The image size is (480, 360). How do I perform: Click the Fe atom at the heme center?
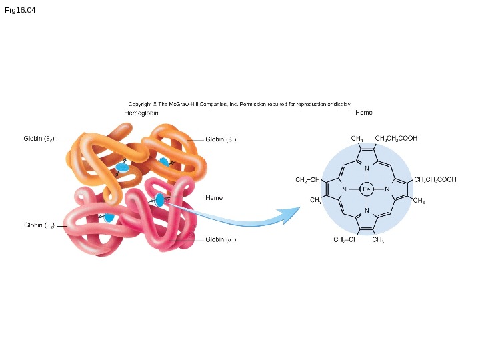click(367, 189)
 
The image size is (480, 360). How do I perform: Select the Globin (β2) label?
click(38, 139)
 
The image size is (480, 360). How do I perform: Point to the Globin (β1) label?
click(221, 139)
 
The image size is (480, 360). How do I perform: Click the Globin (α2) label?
click(39, 225)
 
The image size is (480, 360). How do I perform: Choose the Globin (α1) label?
click(221, 239)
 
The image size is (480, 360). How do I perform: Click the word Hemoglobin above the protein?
click(141, 113)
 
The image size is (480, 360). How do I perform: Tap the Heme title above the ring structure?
click(364, 113)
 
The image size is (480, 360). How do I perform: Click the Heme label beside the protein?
click(214, 198)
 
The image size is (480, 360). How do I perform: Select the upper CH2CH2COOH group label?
click(396, 139)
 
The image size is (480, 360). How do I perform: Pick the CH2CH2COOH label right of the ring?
click(435, 180)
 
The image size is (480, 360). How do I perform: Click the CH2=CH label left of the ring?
click(307, 180)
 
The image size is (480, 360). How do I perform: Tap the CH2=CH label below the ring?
click(345, 240)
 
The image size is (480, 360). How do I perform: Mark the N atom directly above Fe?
click(367, 167)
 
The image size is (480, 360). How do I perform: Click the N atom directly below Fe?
click(367, 211)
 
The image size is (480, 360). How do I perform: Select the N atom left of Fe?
click(344, 189)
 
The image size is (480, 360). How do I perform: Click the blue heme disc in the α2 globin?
click(109, 217)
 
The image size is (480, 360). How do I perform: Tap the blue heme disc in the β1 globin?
click(163, 161)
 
